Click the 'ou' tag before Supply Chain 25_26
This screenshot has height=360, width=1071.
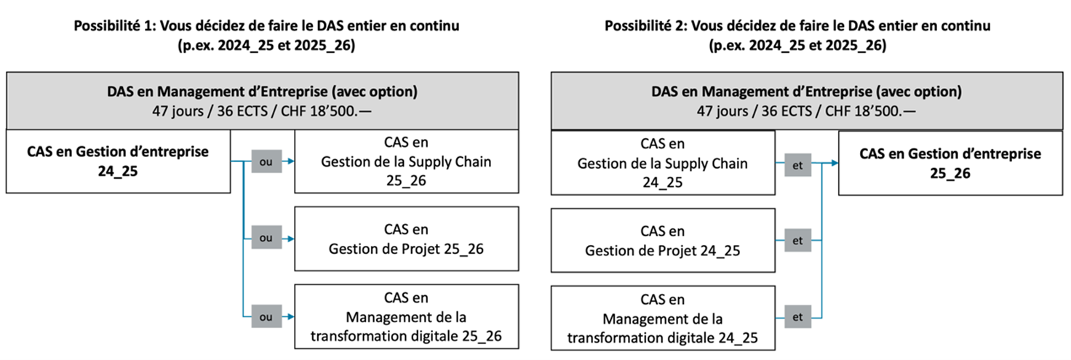click(266, 161)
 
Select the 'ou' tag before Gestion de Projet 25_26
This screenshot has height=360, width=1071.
click(266, 237)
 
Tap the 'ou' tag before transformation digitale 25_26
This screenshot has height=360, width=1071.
click(266, 316)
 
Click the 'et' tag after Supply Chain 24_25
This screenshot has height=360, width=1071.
click(797, 165)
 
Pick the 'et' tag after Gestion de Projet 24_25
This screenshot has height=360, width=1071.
click(797, 240)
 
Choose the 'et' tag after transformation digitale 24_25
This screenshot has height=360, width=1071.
click(797, 316)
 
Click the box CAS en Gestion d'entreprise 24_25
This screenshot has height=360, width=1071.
click(118, 161)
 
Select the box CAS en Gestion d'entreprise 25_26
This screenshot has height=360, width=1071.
click(950, 163)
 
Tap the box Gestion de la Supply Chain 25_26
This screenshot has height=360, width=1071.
click(407, 161)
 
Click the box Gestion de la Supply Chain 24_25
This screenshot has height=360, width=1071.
click(663, 163)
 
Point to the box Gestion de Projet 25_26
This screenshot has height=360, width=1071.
click(407, 239)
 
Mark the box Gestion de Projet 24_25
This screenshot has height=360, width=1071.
click(663, 241)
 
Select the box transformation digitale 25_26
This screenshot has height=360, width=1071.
click(407, 316)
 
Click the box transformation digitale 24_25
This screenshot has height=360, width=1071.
click(663, 319)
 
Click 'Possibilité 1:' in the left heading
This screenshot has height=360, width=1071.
click(115, 25)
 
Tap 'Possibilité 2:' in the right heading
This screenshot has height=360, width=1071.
click(646, 25)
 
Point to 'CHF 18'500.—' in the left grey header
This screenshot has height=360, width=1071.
click(326, 111)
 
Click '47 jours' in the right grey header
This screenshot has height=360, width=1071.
click(722, 111)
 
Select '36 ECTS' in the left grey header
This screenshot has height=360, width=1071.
click(242, 111)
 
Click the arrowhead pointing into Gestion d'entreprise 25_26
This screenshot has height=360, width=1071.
click(835, 163)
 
